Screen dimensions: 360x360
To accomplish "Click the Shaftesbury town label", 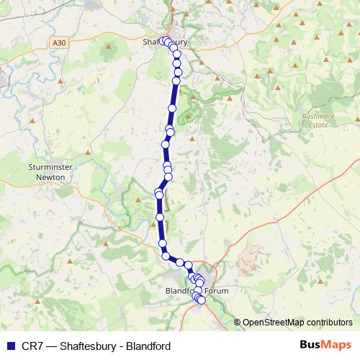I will pyautogui.click(x=165, y=42).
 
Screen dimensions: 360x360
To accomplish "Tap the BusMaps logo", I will pyautogui.click(x=325, y=345).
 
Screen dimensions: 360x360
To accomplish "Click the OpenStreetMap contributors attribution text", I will pyautogui.click(x=297, y=322).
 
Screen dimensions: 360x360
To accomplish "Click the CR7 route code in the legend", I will pyautogui.click(x=30, y=346).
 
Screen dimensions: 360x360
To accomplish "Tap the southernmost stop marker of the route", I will pyautogui.click(x=202, y=300).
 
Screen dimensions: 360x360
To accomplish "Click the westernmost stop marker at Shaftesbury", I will pyautogui.click(x=163, y=41).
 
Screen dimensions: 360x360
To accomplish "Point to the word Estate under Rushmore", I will pyautogui.click(x=318, y=125).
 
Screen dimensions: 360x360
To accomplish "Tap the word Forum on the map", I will pyautogui.click(x=217, y=292).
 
